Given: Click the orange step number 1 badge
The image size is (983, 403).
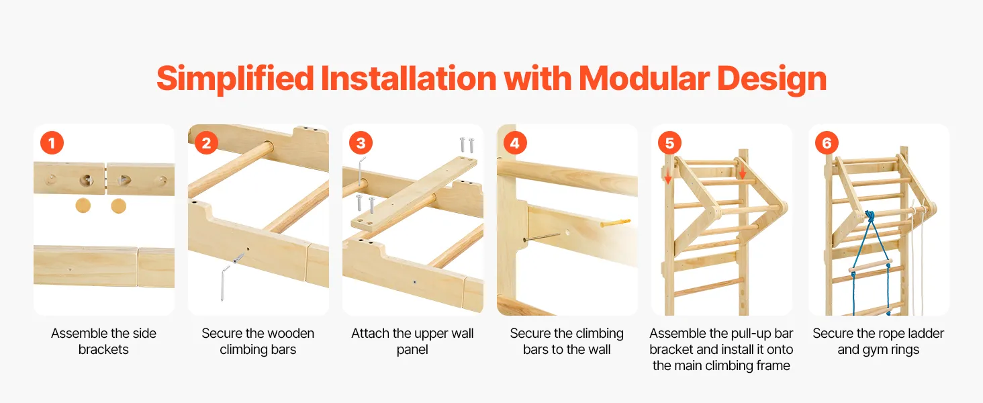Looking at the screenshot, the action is click(52, 142).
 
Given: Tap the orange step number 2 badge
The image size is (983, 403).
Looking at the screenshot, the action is click(206, 142).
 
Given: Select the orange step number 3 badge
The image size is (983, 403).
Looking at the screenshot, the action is click(361, 142).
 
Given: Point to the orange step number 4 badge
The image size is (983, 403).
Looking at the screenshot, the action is click(515, 142).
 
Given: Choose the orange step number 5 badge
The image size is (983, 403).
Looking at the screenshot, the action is click(669, 142).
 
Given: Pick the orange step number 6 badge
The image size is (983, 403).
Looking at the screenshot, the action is click(827, 142).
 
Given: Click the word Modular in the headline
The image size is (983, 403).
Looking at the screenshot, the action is click(644, 79).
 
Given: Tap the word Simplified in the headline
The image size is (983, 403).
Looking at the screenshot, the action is click(235, 79).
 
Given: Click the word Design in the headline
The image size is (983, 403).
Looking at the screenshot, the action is click(772, 79).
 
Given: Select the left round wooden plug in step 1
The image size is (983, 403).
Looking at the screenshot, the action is click(83, 206).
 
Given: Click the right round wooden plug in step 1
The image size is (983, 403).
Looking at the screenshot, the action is click(118, 206).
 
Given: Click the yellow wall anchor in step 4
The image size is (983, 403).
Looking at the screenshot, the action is click(615, 223).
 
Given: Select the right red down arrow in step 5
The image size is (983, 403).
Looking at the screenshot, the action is click(742, 169).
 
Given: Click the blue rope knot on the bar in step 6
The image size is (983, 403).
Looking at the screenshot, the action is click(870, 216).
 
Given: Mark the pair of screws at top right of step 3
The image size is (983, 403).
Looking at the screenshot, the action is click(467, 145).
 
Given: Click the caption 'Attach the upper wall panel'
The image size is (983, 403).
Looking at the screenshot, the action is click(412, 341).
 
